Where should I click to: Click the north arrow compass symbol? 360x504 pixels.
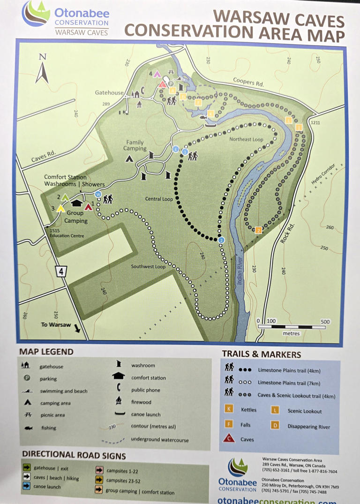pyautogui.click(x=42, y=69)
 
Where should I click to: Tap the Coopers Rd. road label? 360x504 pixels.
pyautogui.click(x=249, y=82)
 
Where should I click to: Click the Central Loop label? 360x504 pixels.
pyautogui.click(x=159, y=199)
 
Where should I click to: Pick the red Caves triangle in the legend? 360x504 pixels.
pyautogui.click(x=229, y=438)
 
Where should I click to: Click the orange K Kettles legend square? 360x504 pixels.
pyautogui.click(x=229, y=409)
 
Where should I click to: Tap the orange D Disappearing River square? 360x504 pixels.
pyautogui.click(x=275, y=426)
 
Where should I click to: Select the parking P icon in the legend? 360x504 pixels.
pyautogui.click(x=28, y=378)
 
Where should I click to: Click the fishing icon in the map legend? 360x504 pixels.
pyautogui.click(x=28, y=428)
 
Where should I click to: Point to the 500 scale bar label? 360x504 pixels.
pyautogui.click(x=325, y=322)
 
